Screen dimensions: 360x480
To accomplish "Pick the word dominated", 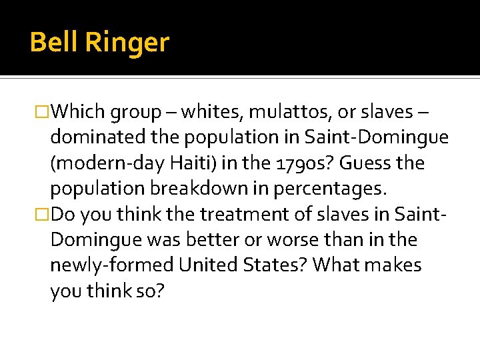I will coord(93,137).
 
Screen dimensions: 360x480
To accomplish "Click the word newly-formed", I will coord(109,265).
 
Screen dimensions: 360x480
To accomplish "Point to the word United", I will coord(205,265).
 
